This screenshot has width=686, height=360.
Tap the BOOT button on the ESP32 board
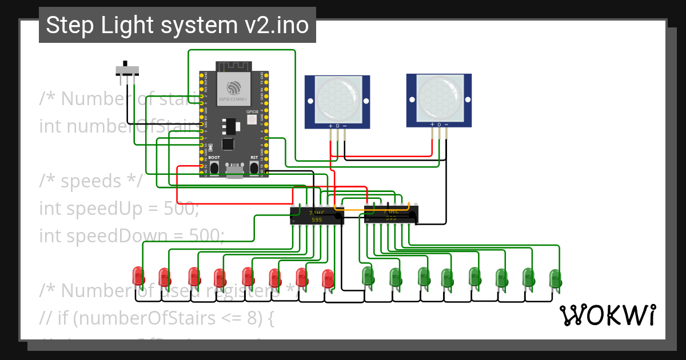point(214,167)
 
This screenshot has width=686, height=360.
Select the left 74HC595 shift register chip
point(316,216)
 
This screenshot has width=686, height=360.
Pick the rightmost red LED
point(328,278)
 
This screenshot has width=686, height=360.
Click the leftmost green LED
point(368,276)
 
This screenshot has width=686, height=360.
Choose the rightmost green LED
point(554,278)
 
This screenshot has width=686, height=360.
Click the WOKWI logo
point(607,315)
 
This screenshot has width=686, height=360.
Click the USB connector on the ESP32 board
point(234,170)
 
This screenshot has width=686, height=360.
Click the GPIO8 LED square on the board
point(252,119)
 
